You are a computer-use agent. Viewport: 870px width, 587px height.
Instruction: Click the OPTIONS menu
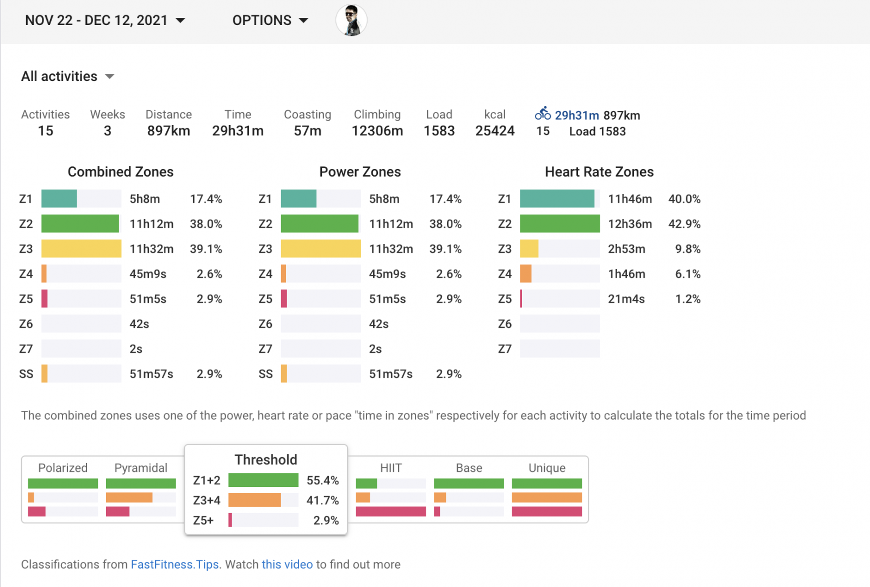point(270,21)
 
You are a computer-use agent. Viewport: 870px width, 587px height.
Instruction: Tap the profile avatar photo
point(351,21)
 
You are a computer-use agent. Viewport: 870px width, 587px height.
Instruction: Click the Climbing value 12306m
point(377,131)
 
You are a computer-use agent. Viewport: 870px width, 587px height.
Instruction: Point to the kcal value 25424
point(495,131)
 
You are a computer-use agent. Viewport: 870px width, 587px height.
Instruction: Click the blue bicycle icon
point(543,114)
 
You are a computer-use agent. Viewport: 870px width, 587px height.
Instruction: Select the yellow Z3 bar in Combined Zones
point(81,249)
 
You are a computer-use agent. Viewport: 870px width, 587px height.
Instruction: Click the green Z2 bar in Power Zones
point(320,224)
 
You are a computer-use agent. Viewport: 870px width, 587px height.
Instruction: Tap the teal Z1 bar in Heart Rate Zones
point(557,199)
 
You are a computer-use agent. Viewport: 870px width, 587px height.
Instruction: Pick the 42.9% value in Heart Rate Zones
point(684,224)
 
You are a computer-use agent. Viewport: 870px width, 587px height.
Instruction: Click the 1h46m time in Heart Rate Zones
point(626,274)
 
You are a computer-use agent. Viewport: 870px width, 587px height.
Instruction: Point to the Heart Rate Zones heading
point(599,172)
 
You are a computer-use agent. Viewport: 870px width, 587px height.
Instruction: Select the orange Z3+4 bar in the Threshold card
point(254,500)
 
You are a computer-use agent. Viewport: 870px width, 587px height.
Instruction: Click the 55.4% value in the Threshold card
point(322,480)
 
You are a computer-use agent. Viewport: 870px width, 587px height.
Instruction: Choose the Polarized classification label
point(63,468)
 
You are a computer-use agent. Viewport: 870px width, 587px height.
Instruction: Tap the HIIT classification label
point(391,468)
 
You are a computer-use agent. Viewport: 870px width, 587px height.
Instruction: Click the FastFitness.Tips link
point(175,565)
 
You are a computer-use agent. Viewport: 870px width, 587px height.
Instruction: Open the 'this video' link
point(287,565)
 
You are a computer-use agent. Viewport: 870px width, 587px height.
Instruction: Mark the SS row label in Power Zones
point(265,374)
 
